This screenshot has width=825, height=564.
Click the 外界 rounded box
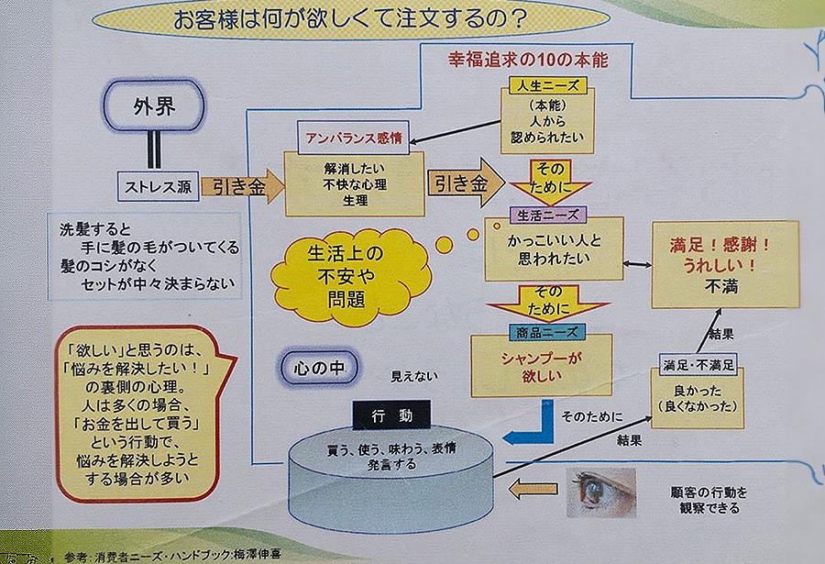(154, 105)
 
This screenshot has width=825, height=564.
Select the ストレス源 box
(159, 186)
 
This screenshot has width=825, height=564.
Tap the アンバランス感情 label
(353, 138)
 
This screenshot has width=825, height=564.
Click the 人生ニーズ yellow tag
(548, 85)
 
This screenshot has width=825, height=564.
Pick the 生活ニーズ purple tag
(548, 215)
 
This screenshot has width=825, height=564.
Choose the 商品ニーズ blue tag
(547, 332)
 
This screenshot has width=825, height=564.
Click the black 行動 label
(392, 415)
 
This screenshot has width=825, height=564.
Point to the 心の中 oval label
(319, 367)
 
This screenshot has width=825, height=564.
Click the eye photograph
(600, 492)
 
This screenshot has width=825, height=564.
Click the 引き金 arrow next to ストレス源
(242, 186)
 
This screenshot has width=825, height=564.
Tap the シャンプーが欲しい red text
(542, 367)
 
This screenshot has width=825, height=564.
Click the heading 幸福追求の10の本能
(528, 60)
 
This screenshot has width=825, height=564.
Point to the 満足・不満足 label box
(698, 364)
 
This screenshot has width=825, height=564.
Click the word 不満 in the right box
(721, 286)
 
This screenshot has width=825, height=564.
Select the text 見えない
(414, 376)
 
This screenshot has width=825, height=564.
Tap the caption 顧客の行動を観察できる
(709, 501)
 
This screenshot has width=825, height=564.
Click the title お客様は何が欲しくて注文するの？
(350, 19)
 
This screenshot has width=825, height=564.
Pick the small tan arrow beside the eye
(533, 489)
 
